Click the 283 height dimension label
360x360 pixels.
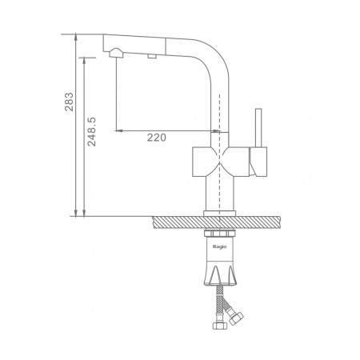(69, 102)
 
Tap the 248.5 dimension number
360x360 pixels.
(92, 131)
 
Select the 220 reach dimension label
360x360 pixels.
(157, 138)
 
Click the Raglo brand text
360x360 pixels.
(219, 246)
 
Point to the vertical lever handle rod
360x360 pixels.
(258, 128)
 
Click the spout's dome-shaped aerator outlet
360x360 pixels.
(116, 53)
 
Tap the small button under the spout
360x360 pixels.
(152, 56)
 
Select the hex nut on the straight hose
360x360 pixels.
(220, 326)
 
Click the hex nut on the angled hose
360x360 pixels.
(237, 318)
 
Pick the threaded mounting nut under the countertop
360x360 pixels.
(219, 234)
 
